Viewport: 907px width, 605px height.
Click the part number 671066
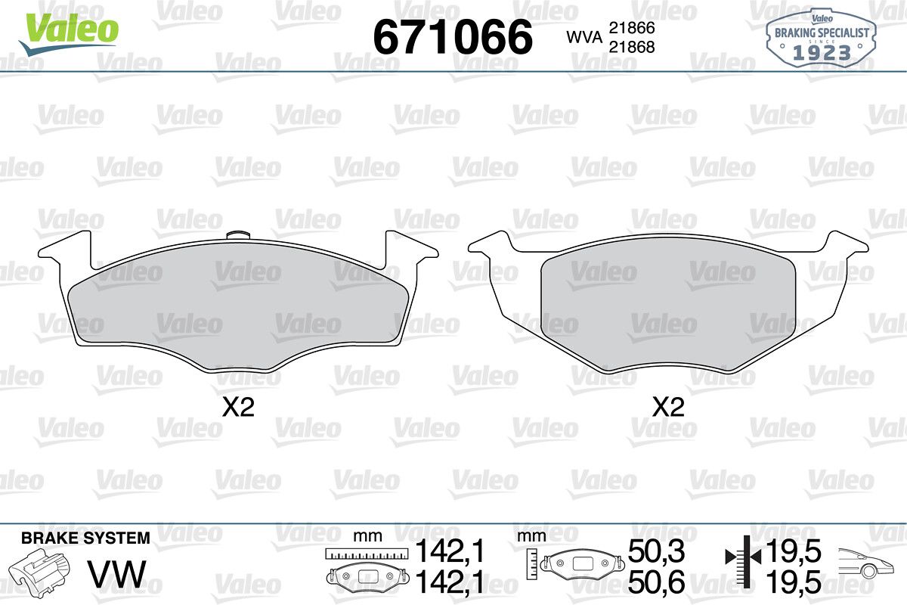click(x=453, y=37)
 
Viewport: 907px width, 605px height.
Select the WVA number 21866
click(x=632, y=28)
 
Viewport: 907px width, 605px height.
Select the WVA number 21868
click(x=632, y=48)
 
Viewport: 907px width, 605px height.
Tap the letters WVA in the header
click(x=584, y=38)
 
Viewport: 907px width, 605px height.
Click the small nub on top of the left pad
click(x=238, y=235)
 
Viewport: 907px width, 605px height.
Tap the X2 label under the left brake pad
click(x=238, y=408)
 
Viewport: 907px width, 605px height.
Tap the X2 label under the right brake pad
click(x=668, y=408)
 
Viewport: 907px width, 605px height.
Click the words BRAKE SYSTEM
click(x=85, y=538)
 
